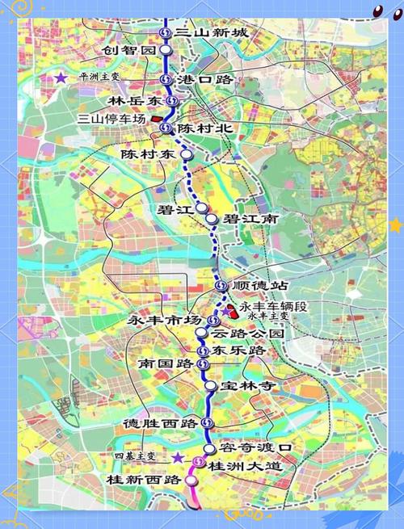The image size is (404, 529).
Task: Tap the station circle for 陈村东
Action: pyautogui.click(x=187, y=153)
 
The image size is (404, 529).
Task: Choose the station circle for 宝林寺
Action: pyautogui.click(x=209, y=386)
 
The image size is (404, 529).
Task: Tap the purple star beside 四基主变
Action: pyautogui.click(x=177, y=457)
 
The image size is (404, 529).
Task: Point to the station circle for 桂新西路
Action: pyautogui.click(x=191, y=480)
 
